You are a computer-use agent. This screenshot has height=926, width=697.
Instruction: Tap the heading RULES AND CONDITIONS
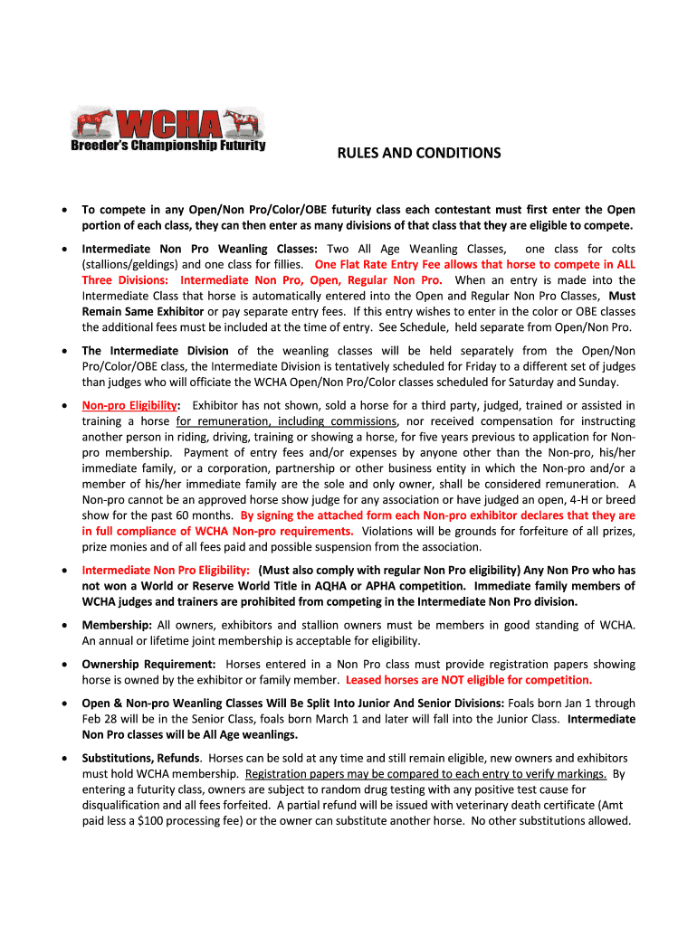point(418,153)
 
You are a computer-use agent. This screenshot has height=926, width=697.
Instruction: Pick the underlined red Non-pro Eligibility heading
point(129,405)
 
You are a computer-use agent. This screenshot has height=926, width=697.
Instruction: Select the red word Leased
point(368,680)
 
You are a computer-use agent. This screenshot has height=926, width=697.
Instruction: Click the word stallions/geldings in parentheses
point(130,264)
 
